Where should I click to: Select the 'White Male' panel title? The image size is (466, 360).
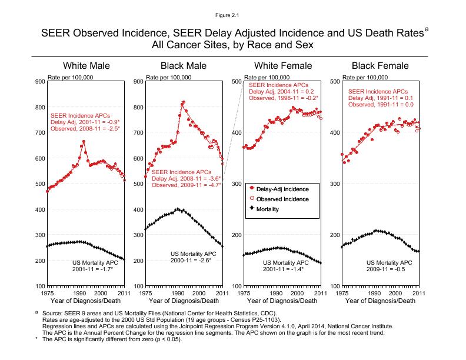[86, 65]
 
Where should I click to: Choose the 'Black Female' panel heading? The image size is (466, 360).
[380, 65]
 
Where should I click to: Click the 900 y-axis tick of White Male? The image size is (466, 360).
[39, 81]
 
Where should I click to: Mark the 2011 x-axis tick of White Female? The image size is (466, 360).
[320, 292]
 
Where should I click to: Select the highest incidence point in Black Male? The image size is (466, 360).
[184, 102]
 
